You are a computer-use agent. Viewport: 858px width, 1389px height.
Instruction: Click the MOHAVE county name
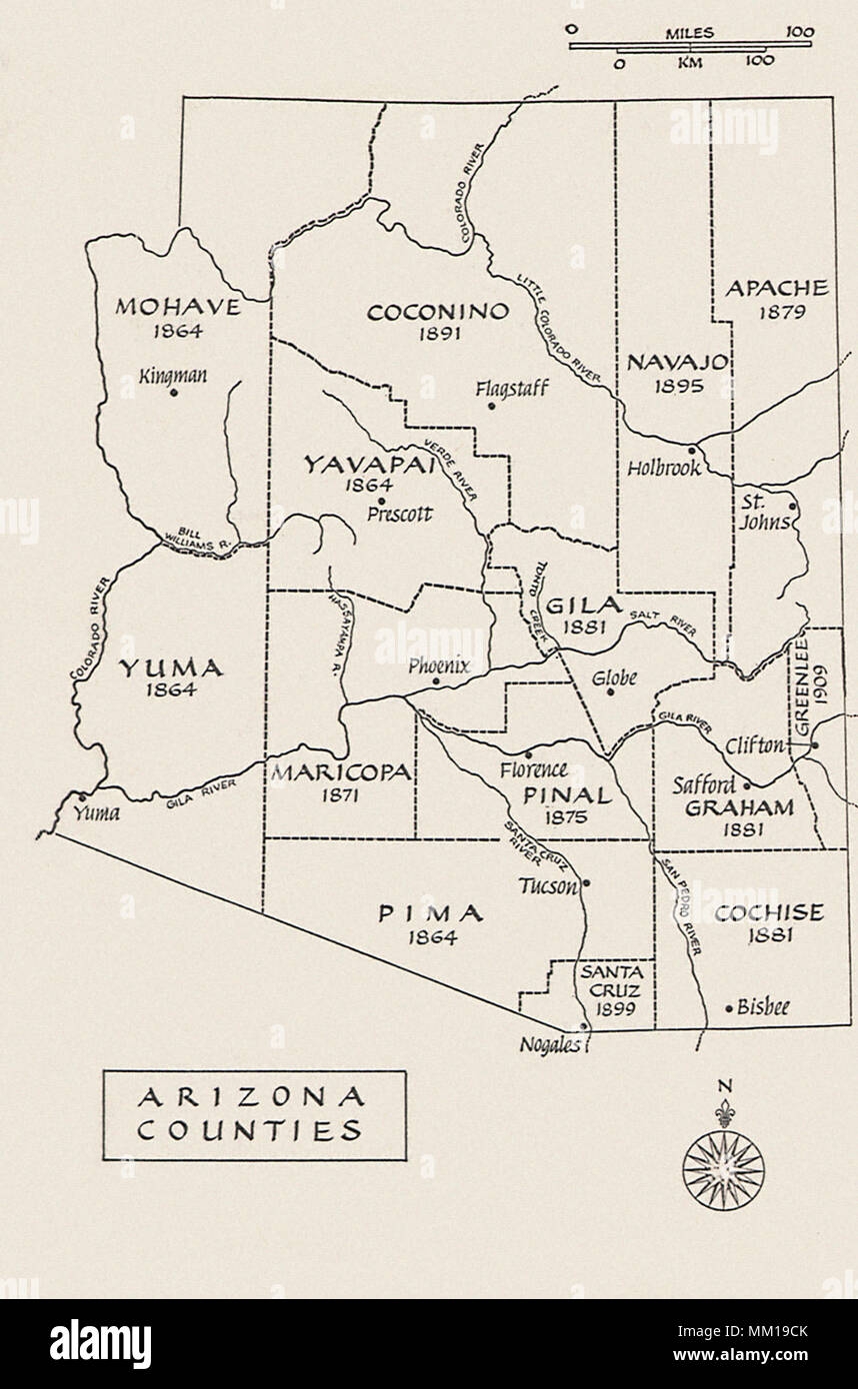178,307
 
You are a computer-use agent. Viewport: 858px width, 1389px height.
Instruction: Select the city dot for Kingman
174,393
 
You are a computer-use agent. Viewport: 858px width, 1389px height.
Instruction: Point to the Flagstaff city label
511,387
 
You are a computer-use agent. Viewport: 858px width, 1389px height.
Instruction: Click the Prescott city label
399,515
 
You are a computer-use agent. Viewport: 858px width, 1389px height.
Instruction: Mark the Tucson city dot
586,882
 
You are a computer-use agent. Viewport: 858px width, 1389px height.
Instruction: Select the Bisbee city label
763,1008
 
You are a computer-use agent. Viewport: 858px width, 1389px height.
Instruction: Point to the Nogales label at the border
548,1045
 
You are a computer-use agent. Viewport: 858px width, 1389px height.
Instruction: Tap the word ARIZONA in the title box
251,1098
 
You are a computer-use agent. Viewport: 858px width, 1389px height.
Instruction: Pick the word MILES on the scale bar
690,33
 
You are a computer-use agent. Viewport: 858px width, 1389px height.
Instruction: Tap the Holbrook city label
664,468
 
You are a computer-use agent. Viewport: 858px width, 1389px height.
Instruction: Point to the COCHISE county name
770,912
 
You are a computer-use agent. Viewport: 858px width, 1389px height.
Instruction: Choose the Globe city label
614,679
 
